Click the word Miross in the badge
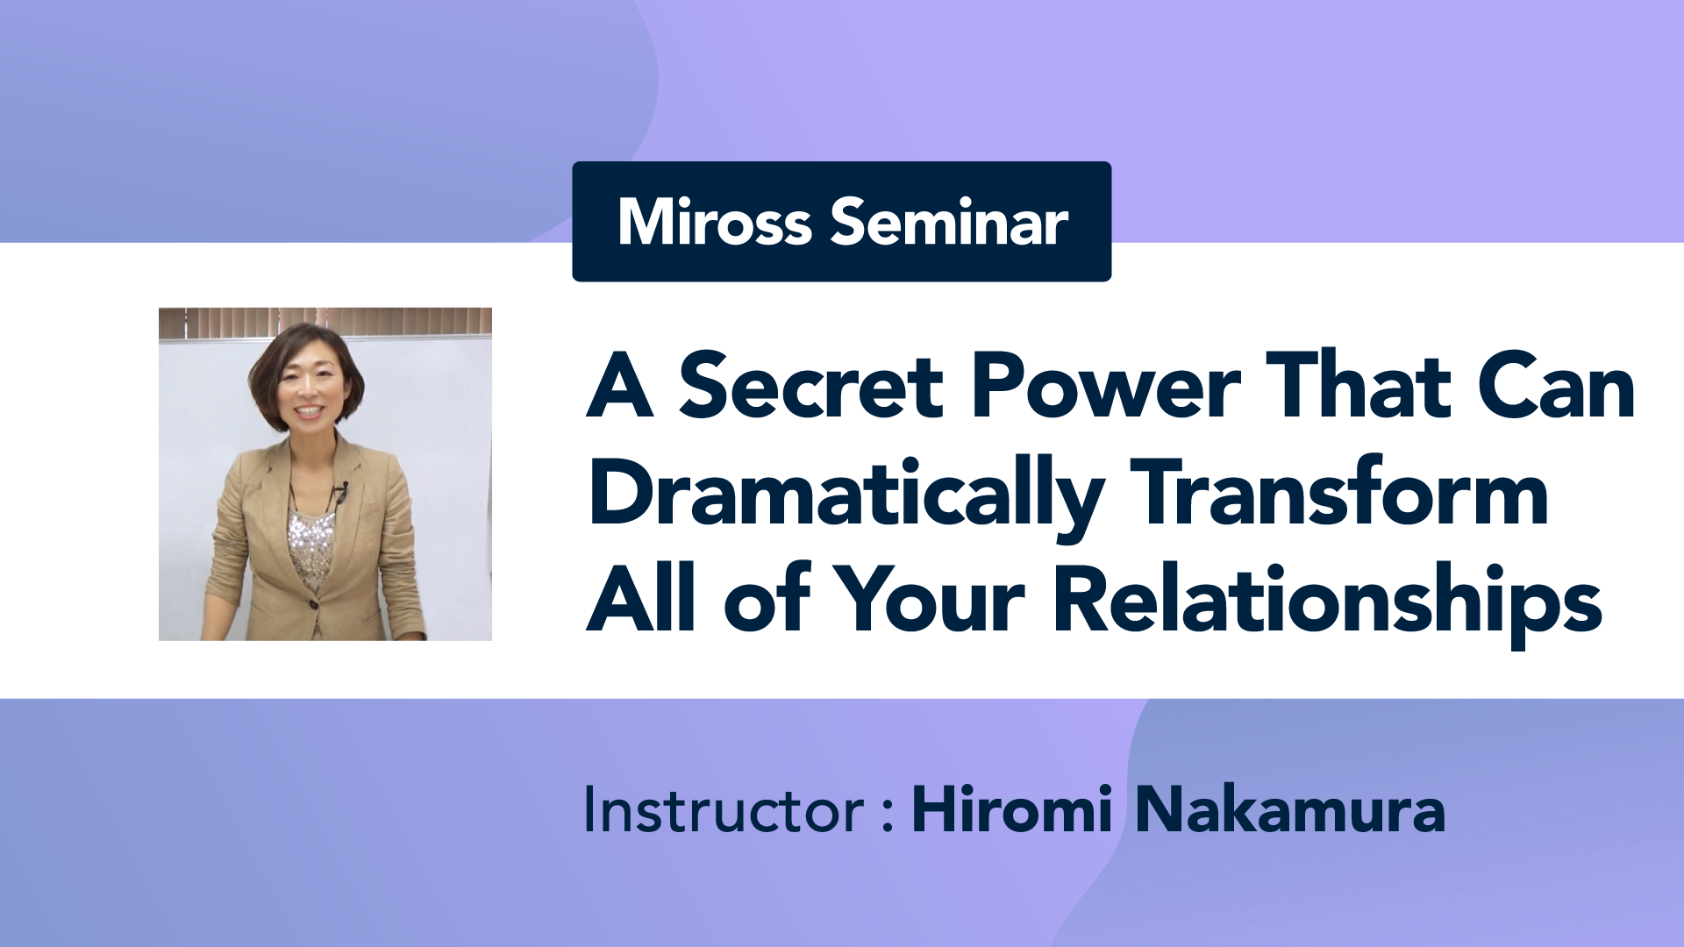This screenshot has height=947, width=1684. [x=715, y=221]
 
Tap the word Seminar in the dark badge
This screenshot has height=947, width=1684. [x=949, y=221]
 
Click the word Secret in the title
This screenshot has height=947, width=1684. [x=810, y=385]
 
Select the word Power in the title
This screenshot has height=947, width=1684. [x=1106, y=385]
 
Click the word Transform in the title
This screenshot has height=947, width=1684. [x=1339, y=491]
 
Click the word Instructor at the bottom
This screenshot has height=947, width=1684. [x=724, y=808]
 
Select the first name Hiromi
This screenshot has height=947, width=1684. [x=1013, y=808]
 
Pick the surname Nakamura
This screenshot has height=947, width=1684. [x=1290, y=808]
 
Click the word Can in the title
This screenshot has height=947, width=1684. [x=1556, y=385]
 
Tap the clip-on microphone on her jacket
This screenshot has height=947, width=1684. [x=340, y=492]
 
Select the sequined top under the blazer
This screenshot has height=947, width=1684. [x=312, y=548]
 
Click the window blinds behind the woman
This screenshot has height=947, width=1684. [x=325, y=321]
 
